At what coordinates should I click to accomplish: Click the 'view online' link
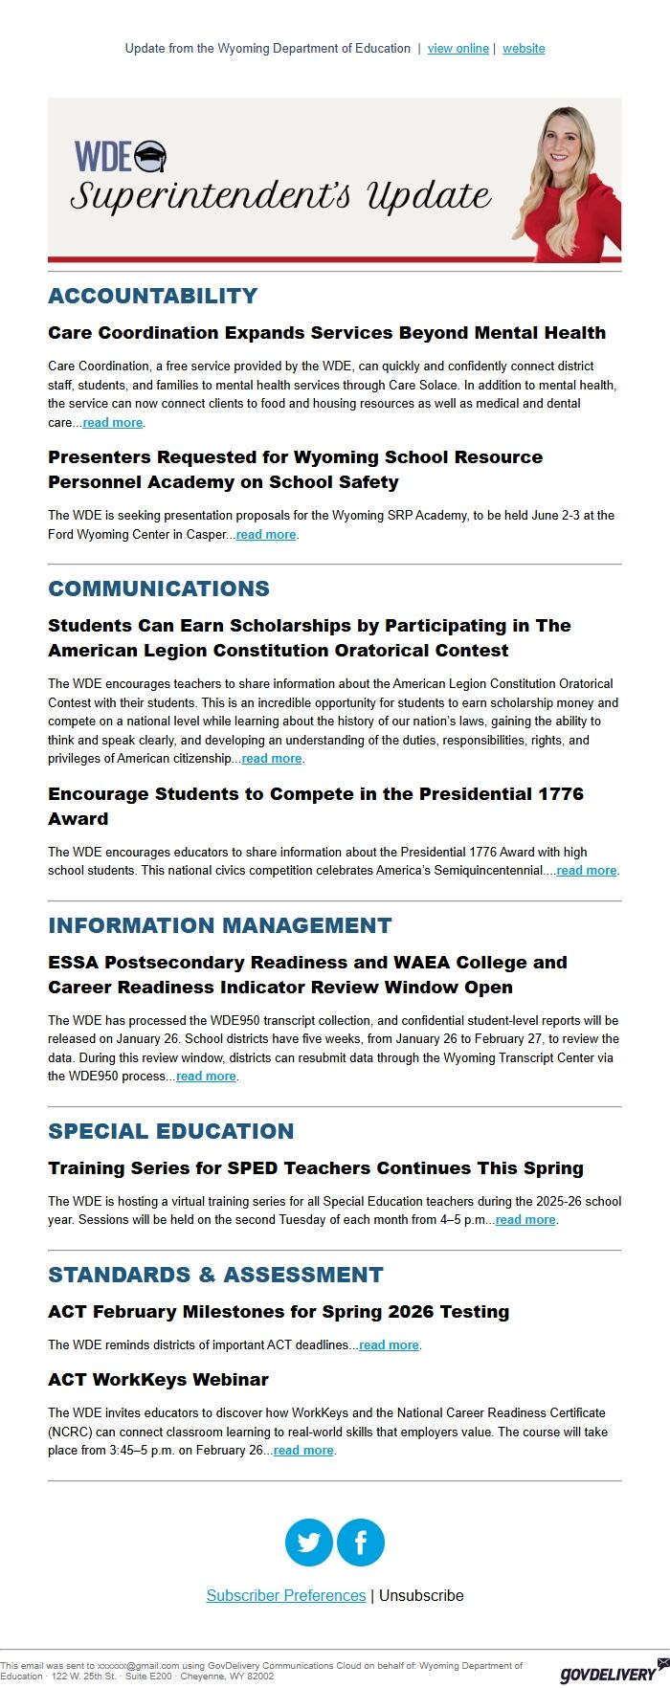pos(458,49)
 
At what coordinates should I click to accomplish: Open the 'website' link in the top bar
pos(524,49)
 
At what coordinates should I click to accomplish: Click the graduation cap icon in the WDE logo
pos(150,156)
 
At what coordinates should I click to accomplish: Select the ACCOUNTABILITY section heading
pos(153,296)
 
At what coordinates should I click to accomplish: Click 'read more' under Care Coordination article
pos(113,423)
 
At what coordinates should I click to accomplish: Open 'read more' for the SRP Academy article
pos(266,535)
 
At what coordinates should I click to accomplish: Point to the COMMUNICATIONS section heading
pos(159,589)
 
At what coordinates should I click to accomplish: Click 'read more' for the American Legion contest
pos(272,759)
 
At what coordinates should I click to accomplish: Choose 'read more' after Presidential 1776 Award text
pos(587,871)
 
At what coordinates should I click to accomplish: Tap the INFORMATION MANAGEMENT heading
pos(220,925)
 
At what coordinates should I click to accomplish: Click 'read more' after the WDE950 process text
pos(206,1077)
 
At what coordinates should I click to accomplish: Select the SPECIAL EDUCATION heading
pos(171,1131)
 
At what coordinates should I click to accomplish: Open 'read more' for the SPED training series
pos(525,1220)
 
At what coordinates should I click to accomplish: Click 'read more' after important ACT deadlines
pos(389,1345)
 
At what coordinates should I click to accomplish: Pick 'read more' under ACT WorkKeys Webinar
pos(303,1451)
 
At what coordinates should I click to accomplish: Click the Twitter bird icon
pos(309,1543)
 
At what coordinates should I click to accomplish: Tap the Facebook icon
pos(361,1543)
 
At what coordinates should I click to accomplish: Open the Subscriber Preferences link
pos(286,1595)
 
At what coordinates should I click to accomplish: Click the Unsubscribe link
pos(421,1595)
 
